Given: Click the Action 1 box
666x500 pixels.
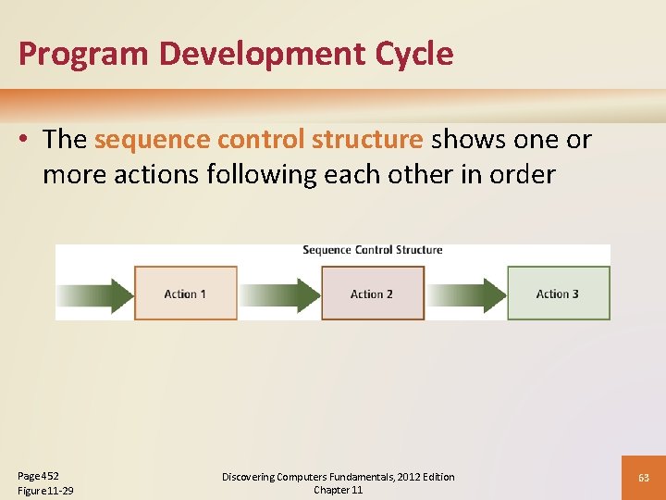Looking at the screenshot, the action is pyautogui.click(x=185, y=294).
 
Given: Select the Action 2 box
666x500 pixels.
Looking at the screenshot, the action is pyautogui.click(x=372, y=294).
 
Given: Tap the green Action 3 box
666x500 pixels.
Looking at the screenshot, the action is pyautogui.click(x=558, y=294).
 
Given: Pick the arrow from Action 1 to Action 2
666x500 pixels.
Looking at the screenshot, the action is pyautogui.click(x=279, y=294).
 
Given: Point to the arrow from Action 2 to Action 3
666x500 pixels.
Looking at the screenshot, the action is pyautogui.click(x=466, y=294).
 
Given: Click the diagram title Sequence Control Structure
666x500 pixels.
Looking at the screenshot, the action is pyautogui.click(x=372, y=250).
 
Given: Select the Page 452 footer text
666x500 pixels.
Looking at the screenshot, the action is pyautogui.click(x=38, y=475).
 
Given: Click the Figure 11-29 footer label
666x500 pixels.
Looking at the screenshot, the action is pyautogui.click(x=45, y=490).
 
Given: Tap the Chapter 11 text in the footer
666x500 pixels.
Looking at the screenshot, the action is pyautogui.click(x=338, y=490).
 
